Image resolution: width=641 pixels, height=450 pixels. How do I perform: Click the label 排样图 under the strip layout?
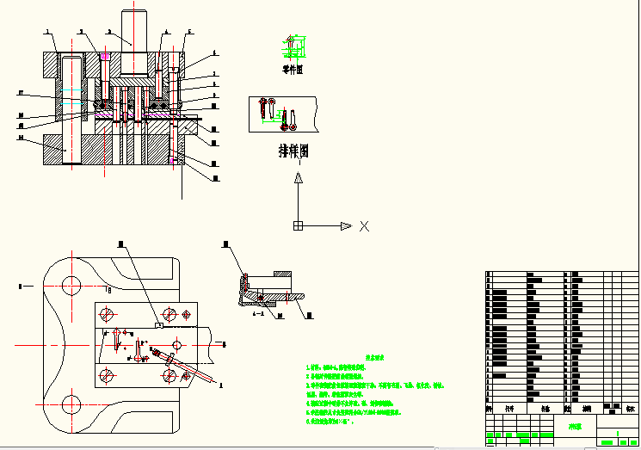pos(293,151)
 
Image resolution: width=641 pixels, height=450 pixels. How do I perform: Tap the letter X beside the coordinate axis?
pos(364,226)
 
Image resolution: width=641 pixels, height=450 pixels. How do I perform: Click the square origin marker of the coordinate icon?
pos(298,225)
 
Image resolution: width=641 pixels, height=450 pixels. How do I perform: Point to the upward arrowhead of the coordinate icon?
pos(298,178)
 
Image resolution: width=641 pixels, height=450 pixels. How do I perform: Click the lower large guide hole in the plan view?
pos(71,404)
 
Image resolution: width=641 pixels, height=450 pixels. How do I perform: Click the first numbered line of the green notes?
pos(336,367)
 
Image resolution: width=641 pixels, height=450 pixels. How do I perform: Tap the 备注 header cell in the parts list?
pos(630,409)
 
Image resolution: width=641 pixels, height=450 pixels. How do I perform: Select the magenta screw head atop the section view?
pos(104,57)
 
